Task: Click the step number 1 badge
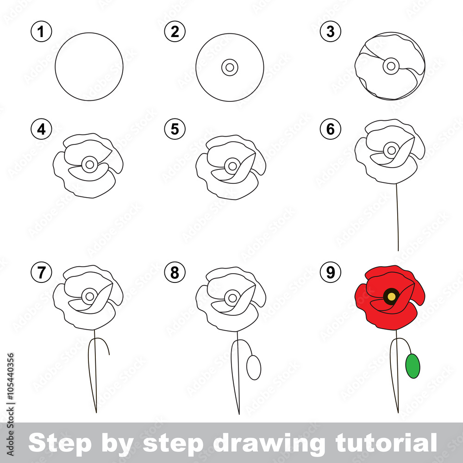click(x=42, y=32)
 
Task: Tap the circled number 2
click(x=175, y=32)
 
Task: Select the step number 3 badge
click(x=330, y=32)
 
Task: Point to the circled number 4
click(x=42, y=130)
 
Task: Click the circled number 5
click(x=175, y=130)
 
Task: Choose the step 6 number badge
click(x=330, y=130)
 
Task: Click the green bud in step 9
click(x=413, y=366)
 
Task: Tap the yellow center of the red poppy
click(x=391, y=296)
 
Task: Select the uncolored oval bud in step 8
click(x=254, y=368)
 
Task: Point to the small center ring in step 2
click(x=230, y=67)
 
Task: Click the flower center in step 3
click(x=391, y=66)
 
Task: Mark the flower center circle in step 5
click(x=232, y=165)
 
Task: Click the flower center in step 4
click(x=89, y=163)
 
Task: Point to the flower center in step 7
click(x=89, y=295)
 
